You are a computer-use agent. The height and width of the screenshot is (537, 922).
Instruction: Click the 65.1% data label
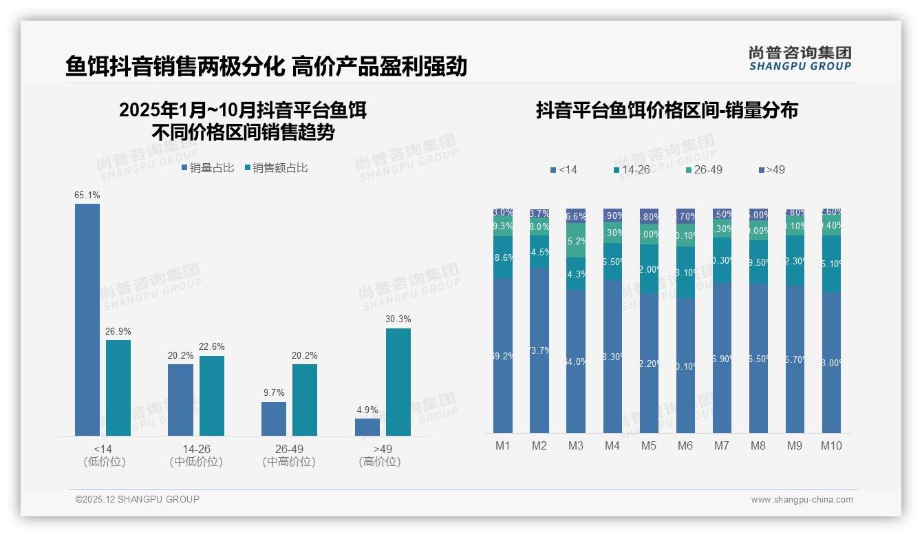coord(87,196)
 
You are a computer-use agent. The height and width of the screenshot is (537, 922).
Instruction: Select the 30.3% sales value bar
coord(398,382)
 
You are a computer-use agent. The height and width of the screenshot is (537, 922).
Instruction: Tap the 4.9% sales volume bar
coord(367,427)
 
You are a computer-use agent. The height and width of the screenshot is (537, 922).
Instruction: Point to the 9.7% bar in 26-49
coord(274,419)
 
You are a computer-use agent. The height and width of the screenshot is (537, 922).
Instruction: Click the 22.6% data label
coord(211,347)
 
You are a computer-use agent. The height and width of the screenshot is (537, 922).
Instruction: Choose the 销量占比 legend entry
coord(208,168)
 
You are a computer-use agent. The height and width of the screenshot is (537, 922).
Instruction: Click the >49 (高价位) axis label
coord(380,455)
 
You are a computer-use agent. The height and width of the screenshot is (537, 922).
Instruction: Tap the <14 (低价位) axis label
coord(104,455)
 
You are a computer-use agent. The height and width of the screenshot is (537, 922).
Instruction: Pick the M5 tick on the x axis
coord(649,446)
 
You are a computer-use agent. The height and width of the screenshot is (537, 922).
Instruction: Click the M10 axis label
coord(831,446)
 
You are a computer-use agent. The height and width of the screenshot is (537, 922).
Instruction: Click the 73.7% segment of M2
coord(539,350)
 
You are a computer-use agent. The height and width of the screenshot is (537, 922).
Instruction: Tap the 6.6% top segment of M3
coord(576,215)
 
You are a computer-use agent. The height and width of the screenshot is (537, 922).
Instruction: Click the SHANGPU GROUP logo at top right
coord(800,59)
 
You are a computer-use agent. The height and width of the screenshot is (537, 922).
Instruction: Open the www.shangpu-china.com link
coord(802,500)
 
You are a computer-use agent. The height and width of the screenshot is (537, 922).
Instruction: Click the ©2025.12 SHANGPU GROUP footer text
coord(138,500)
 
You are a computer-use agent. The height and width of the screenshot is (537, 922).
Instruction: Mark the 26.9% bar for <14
coord(118,388)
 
